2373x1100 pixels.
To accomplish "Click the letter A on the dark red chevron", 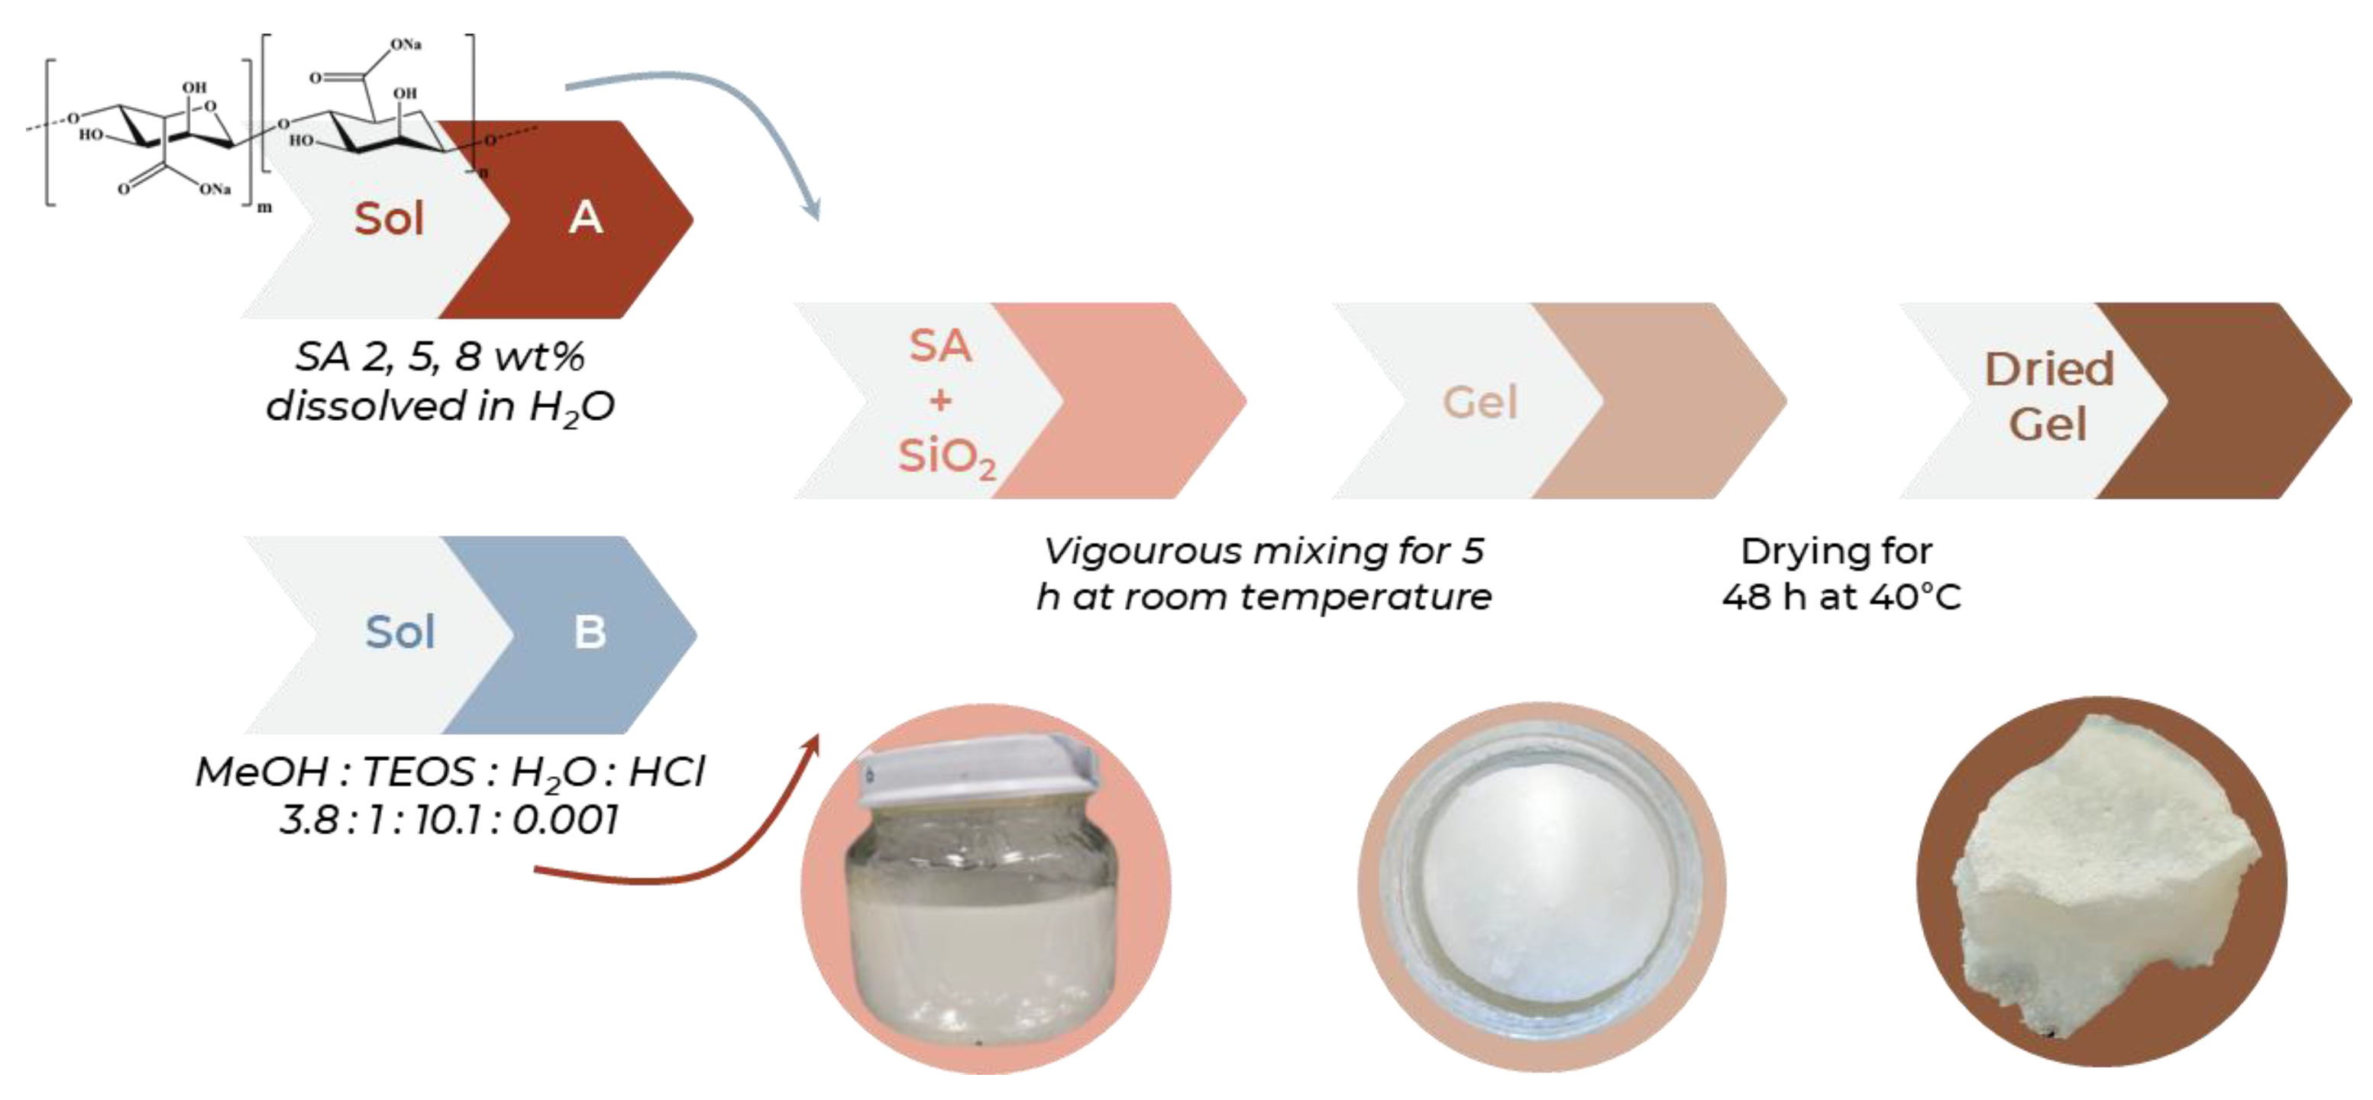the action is pos(586,218).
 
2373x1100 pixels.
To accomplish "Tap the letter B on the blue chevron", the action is pos(590,632).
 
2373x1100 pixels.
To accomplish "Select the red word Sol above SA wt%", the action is pos(389,219).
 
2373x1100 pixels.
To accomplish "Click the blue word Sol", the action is pos(399,632).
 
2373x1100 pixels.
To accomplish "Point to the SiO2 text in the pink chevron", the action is pos(947,456).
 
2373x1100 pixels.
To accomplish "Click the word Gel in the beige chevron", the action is pos(1479,402).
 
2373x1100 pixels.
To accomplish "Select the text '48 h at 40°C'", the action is pos(1841,597).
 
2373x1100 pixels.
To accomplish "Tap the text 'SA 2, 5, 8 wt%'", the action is pos(439,357).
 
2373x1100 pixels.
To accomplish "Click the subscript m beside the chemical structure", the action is pos(264,207).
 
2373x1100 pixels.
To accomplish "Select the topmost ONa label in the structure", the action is pos(406,44).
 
